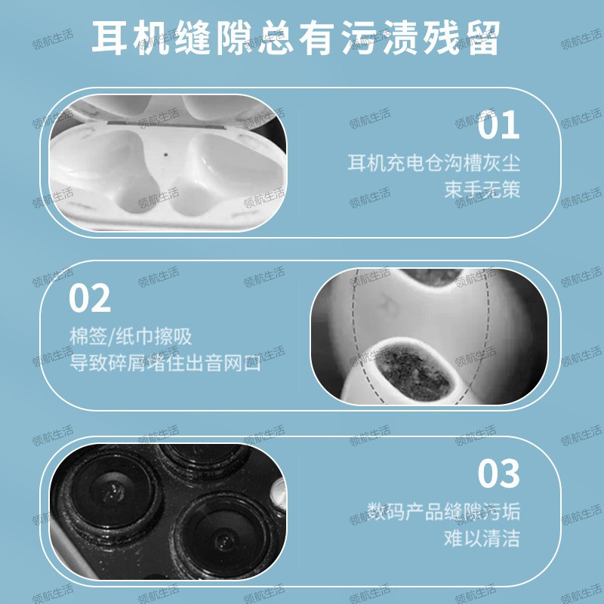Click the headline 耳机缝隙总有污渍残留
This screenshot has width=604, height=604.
pyautogui.click(x=296, y=39)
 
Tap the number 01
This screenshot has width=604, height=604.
pyautogui.click(x=499, y=125)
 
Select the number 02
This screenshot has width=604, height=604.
pyautogui.click(x=90, y=299)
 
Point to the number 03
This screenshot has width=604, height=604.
pyautogui.click(x=499, y=473)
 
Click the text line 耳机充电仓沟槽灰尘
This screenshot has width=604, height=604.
pyautogui.click(x=434, y=162)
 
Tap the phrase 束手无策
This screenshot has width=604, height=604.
pyautogui.click(x=482, y=189)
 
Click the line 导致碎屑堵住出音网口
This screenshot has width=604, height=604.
pyautogui.click(x=165, y=364)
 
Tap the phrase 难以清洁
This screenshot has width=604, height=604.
pyautogui.click(x=482, y=538)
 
